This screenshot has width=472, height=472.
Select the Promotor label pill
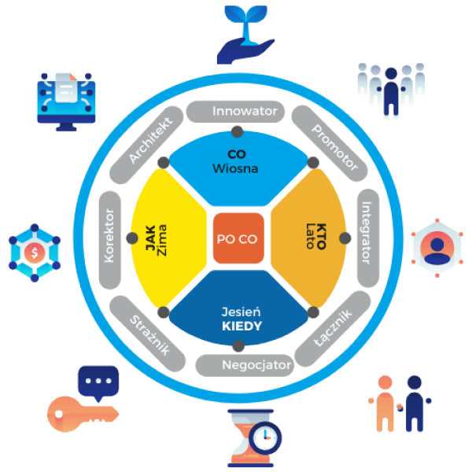pyautogui.click(x=329, y=139)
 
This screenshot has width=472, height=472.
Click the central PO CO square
pyautogui.click(x=238, y=238)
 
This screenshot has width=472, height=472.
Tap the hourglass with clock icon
pyautogui.click(x=252, y=436)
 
